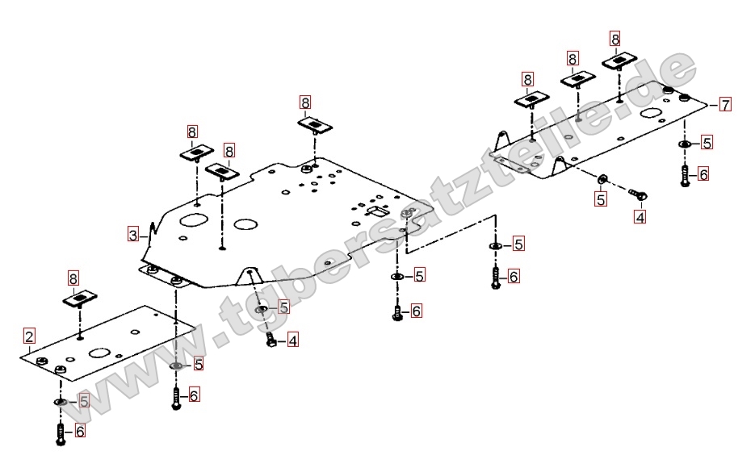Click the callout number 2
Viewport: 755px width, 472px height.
29,336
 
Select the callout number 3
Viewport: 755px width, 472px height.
133,236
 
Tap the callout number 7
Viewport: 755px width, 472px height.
725,104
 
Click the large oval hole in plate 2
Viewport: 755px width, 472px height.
99,353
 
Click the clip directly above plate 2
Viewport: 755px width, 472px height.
79,300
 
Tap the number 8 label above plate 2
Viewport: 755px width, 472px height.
73,279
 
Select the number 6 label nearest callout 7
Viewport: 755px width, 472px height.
703,173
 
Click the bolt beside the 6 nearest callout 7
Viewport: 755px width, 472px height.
685,175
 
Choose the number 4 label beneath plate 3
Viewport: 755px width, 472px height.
292,340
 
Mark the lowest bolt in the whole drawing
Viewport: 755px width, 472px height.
61,435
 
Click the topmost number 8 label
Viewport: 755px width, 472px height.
614,38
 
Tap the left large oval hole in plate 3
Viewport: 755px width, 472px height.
193,219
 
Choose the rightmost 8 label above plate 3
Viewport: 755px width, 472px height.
304,102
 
